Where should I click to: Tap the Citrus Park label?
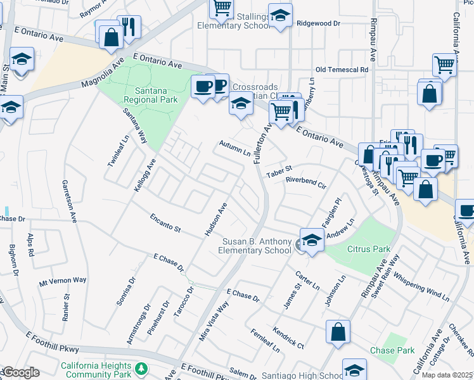(x=369, y=249)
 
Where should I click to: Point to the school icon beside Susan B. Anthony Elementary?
(x=311, y=240)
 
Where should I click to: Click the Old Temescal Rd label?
(x=342, y=69)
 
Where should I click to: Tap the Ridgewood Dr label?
(x=319, y=23)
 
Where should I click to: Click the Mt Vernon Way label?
(x=63, y=280)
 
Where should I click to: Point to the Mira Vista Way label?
(x=214, y=321)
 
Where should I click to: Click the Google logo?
(x=21, y=372)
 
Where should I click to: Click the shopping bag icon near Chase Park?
(x=338, y=331)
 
